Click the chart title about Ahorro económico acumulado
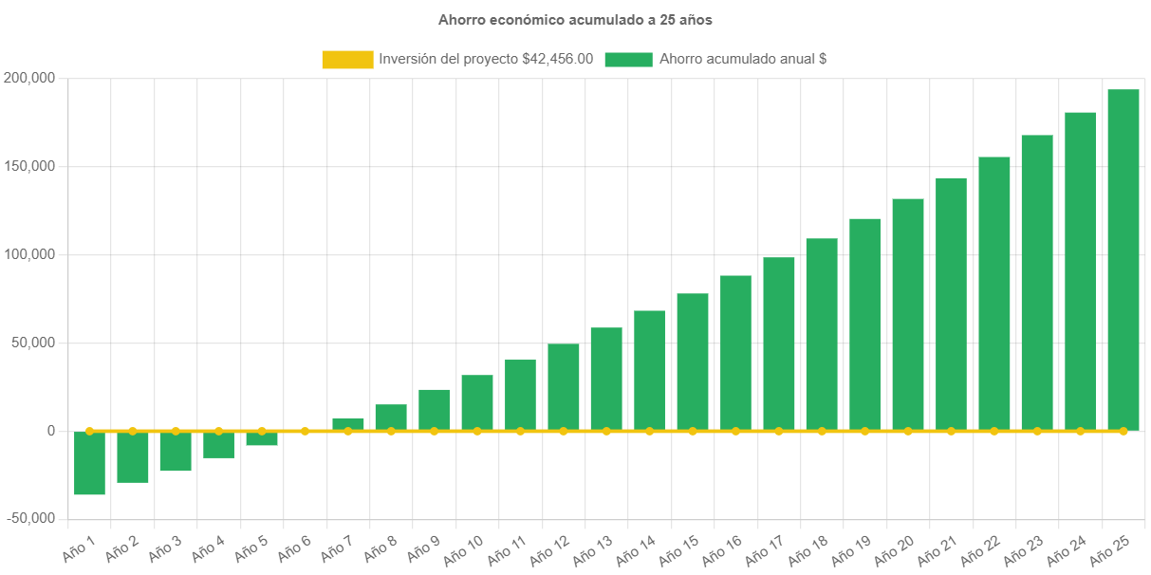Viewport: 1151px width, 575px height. pyautogui.click(x=575, y=19)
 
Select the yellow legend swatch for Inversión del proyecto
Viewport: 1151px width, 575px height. pyautogui.click(x=347, y=59)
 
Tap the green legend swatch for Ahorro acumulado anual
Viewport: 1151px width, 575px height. pyautogui.click(x=628, y=59)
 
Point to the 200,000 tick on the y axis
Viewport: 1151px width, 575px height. pyautogui.click(x=28, y=77)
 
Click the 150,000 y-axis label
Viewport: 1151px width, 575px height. pyautogui.click(x=28, y=166)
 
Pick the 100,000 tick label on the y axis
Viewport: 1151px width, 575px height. pyautogui.click(x=28, y=254)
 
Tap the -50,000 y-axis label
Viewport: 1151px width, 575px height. pyautogui.click(x=28, y=518)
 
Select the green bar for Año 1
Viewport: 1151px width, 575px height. pyautogui.click(x=89, y=463)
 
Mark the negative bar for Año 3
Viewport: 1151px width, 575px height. pyautogui.click(x=176, y=452)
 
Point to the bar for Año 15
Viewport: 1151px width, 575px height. pyautogui.click(x=693, y=362)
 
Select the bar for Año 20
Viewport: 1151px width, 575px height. pyautogui.click(x=908, y=314)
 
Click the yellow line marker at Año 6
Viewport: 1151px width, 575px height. pyautogui.click(x=305, y=431)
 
